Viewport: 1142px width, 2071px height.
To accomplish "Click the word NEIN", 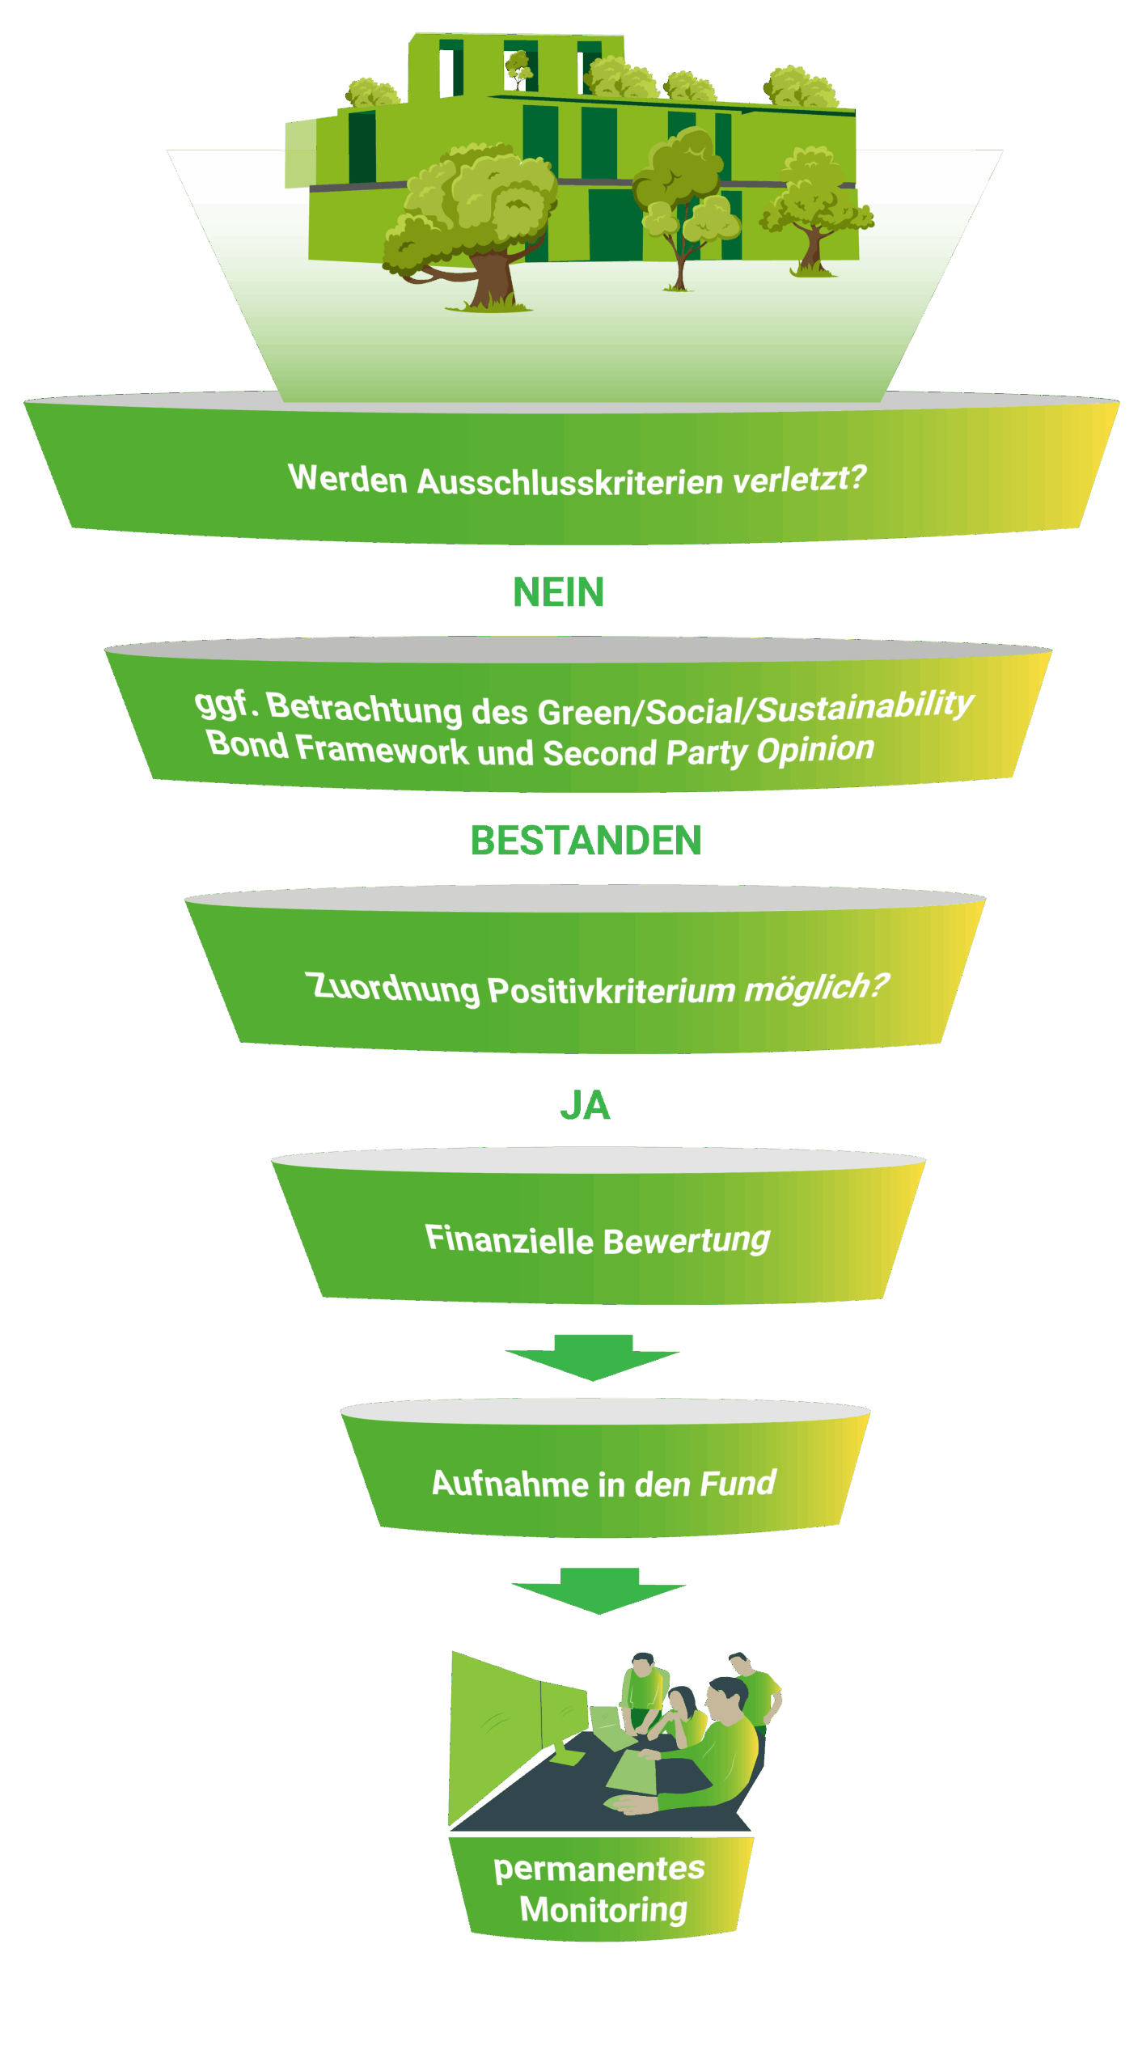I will point(558,592).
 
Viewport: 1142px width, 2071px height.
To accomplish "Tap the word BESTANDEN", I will point(586,841).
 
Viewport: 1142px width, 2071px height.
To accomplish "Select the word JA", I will point(585,1105).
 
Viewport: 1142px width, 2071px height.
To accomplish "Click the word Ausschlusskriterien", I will point(570,482).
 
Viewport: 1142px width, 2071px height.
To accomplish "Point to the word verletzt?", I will point(799,479).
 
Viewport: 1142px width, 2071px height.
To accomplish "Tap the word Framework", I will point(382,749).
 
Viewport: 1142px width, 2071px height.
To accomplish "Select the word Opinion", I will point(815,750).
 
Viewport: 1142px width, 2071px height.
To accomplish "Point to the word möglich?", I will point(815,987).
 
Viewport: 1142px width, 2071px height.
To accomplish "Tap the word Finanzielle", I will point(510,1239).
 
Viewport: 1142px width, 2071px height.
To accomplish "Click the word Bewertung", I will point(686,1240).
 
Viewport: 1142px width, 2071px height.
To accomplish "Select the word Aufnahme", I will point(510,1484).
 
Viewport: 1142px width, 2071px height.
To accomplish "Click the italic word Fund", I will point(738,1483).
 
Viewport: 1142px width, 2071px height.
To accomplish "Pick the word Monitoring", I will point(603,1909).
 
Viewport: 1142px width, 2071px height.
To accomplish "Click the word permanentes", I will point(599,1869).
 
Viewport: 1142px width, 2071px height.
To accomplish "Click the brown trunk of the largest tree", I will point(491,279).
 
